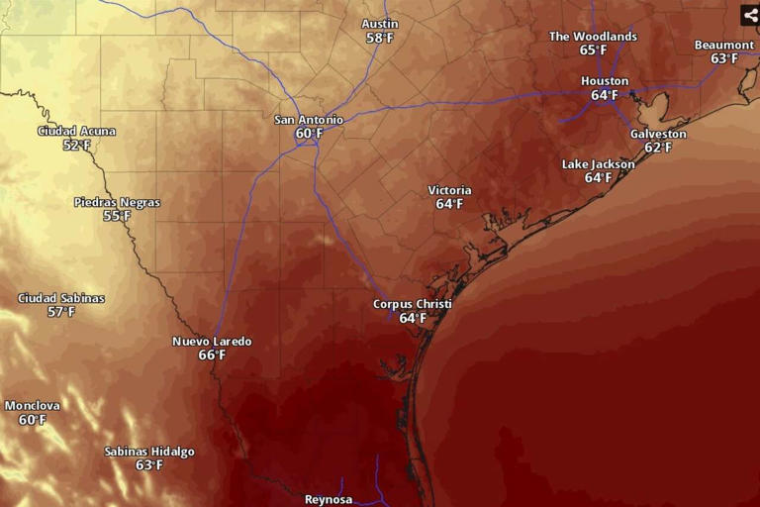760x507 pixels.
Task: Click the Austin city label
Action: pos(379,24)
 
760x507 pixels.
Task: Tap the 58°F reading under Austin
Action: pos(379,39)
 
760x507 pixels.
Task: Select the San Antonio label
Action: pos(309,120)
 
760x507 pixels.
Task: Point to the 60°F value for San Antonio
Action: pos(309,134)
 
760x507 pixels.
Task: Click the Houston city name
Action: pos(605,81)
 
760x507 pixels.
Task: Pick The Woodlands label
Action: pos(594,37)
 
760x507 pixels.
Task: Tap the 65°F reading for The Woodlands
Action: pos(594,51)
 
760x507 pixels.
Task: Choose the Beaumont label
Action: pos(724,46)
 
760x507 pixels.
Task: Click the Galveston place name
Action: pos(658,135)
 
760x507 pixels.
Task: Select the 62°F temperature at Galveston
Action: pos(658,149)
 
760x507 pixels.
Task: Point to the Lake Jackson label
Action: pos(599,164)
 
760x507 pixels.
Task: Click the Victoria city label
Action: pos(449,190)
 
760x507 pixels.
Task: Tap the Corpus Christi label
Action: pos(413,304)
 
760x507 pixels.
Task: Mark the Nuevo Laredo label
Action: pos(212,342)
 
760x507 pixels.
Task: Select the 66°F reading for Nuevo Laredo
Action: pos(212,355)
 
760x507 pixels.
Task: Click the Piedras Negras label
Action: pos(117,203)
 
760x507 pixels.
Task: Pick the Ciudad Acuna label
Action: pos(76,132)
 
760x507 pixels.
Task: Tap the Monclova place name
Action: pos(33,406)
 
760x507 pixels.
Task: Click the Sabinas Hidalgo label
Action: pos(149,452)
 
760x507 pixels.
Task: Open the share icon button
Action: pos(750,15)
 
